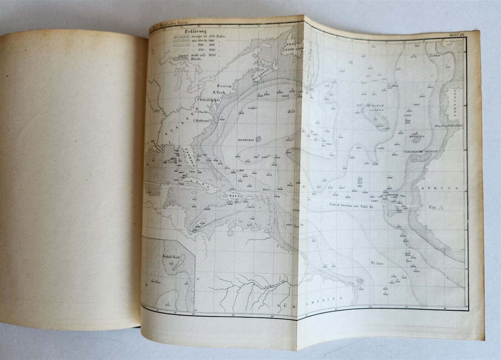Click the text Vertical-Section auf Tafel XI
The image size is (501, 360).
(x=351, y=205)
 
